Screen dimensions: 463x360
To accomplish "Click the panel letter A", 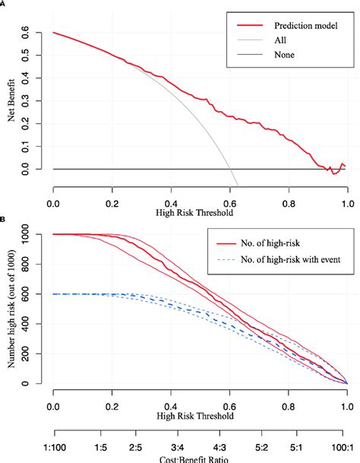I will [3, 3].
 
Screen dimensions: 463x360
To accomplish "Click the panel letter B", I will [3, 221].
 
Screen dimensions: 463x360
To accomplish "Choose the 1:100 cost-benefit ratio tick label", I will [53, 441].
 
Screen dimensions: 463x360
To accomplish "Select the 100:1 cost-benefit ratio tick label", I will [346, 441].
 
